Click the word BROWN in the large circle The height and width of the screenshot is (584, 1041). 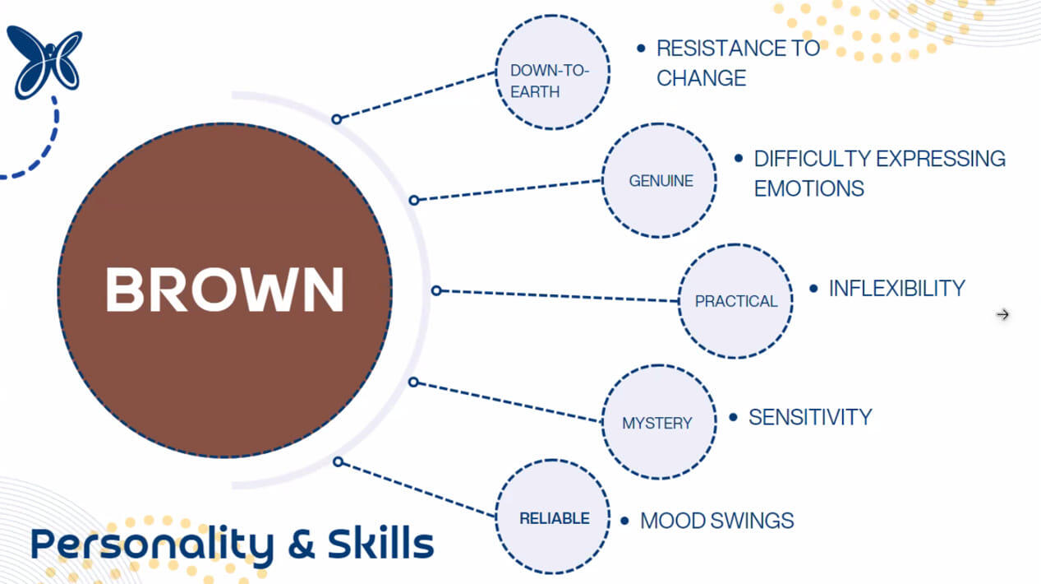click(x=224, y=290)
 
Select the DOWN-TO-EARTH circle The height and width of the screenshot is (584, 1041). click(x=552, y=72)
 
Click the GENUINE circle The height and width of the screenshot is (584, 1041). click(x=659, y=180)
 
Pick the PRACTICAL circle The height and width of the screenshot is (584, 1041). click(x=735, y=300)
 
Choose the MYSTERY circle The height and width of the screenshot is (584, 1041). click(x=658, y=422)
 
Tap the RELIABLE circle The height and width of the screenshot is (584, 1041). click(x=554, y=518)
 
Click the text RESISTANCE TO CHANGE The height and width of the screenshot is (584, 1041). click(x=738, y=63)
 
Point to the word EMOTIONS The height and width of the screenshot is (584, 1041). click(x=808, y=188)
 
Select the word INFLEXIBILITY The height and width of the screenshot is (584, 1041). click(x=896, y=289)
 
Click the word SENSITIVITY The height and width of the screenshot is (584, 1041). click(x=809, y=417)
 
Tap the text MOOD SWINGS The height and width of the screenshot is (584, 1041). click(x=716, y=521)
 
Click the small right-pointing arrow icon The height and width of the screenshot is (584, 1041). click(x=1002, y=314)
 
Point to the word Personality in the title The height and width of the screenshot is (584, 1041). click(x=151, y=545)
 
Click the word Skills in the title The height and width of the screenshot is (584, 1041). click(x=380, y=544)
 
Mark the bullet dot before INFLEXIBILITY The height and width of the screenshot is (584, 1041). click(x=813, y=289)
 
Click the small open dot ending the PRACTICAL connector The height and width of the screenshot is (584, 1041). click(x=436, y=290)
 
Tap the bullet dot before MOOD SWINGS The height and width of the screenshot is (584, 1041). click(x=625, y=521)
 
